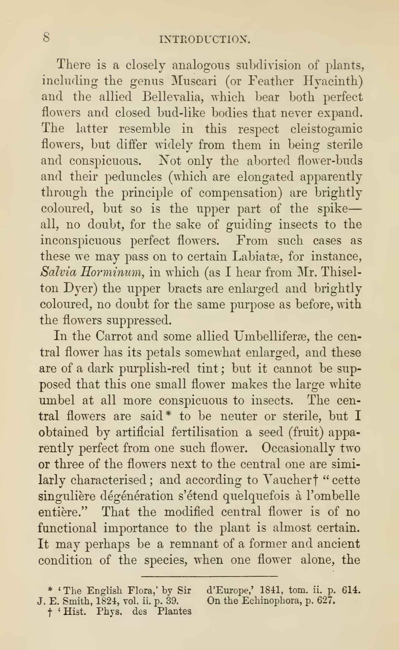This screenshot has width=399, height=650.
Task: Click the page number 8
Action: (46, 37)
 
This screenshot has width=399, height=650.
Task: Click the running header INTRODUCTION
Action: (204, 40)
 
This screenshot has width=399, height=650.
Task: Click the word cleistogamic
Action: (326, 129)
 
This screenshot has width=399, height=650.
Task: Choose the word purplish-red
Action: (154, 369)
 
